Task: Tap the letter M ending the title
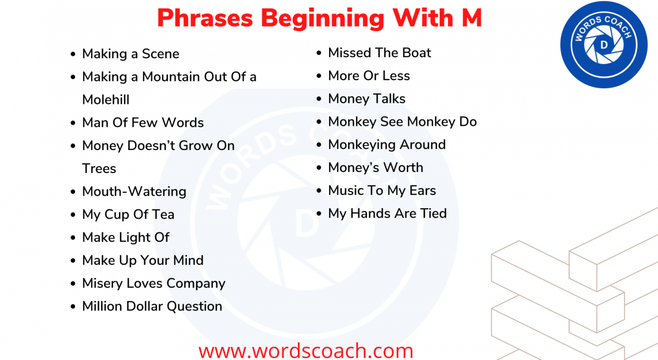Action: (471, 18)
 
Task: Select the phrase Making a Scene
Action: (130, 54)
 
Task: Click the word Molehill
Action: (106, 99)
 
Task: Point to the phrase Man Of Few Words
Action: (143, 122)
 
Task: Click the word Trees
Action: (99, 168)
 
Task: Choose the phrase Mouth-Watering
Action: (134, 191)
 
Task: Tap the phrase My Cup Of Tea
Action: (128, 214)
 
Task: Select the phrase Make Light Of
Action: (126, 237)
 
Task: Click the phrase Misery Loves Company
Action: (154, 283)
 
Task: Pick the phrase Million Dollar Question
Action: (152, 306)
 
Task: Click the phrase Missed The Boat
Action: (379, 52)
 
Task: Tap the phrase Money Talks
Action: (367, 99)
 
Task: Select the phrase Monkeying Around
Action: (387, 144)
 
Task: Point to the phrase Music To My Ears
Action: (382, 190)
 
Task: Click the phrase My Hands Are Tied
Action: (387, 213)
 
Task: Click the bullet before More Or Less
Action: (319, 76)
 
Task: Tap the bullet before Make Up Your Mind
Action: (73, 261)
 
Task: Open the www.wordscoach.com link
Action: (306, 350)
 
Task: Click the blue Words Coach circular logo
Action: (604, 44)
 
